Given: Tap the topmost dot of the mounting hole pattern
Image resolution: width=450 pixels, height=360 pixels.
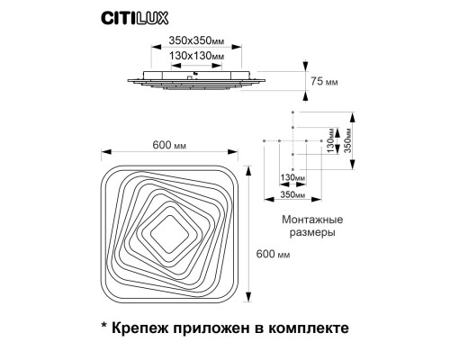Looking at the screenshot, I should (x=292, y=112).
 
